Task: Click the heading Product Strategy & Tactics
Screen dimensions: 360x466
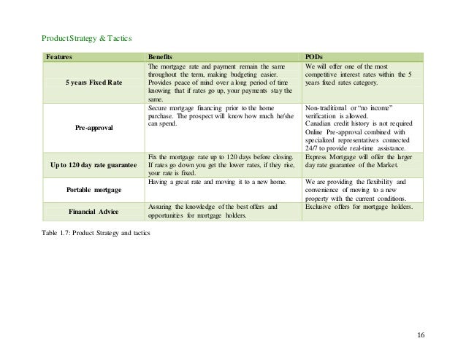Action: tap(86, 38)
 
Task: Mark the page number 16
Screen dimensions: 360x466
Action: tap(420, 335)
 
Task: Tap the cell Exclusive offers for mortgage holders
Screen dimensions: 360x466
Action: tap(358, 207)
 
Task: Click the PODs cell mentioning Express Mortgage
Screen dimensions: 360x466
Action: tap(358, 161)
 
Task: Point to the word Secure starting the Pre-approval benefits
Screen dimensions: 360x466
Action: tap(158, 107)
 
